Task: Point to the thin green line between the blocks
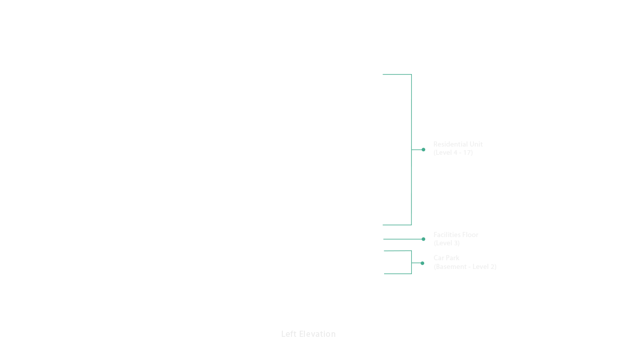404,239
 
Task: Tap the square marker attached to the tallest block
424,150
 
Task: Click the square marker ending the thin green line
424,239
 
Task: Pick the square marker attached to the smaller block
423,263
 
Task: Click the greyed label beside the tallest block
456,149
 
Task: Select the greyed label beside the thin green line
456,239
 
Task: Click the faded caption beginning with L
308,334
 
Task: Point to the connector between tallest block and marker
417,150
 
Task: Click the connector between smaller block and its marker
416,263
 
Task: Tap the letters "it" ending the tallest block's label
480,145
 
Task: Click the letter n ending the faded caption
333,334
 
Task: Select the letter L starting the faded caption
283,334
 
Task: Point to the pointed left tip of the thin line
384,239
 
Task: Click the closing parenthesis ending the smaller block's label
495,267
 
